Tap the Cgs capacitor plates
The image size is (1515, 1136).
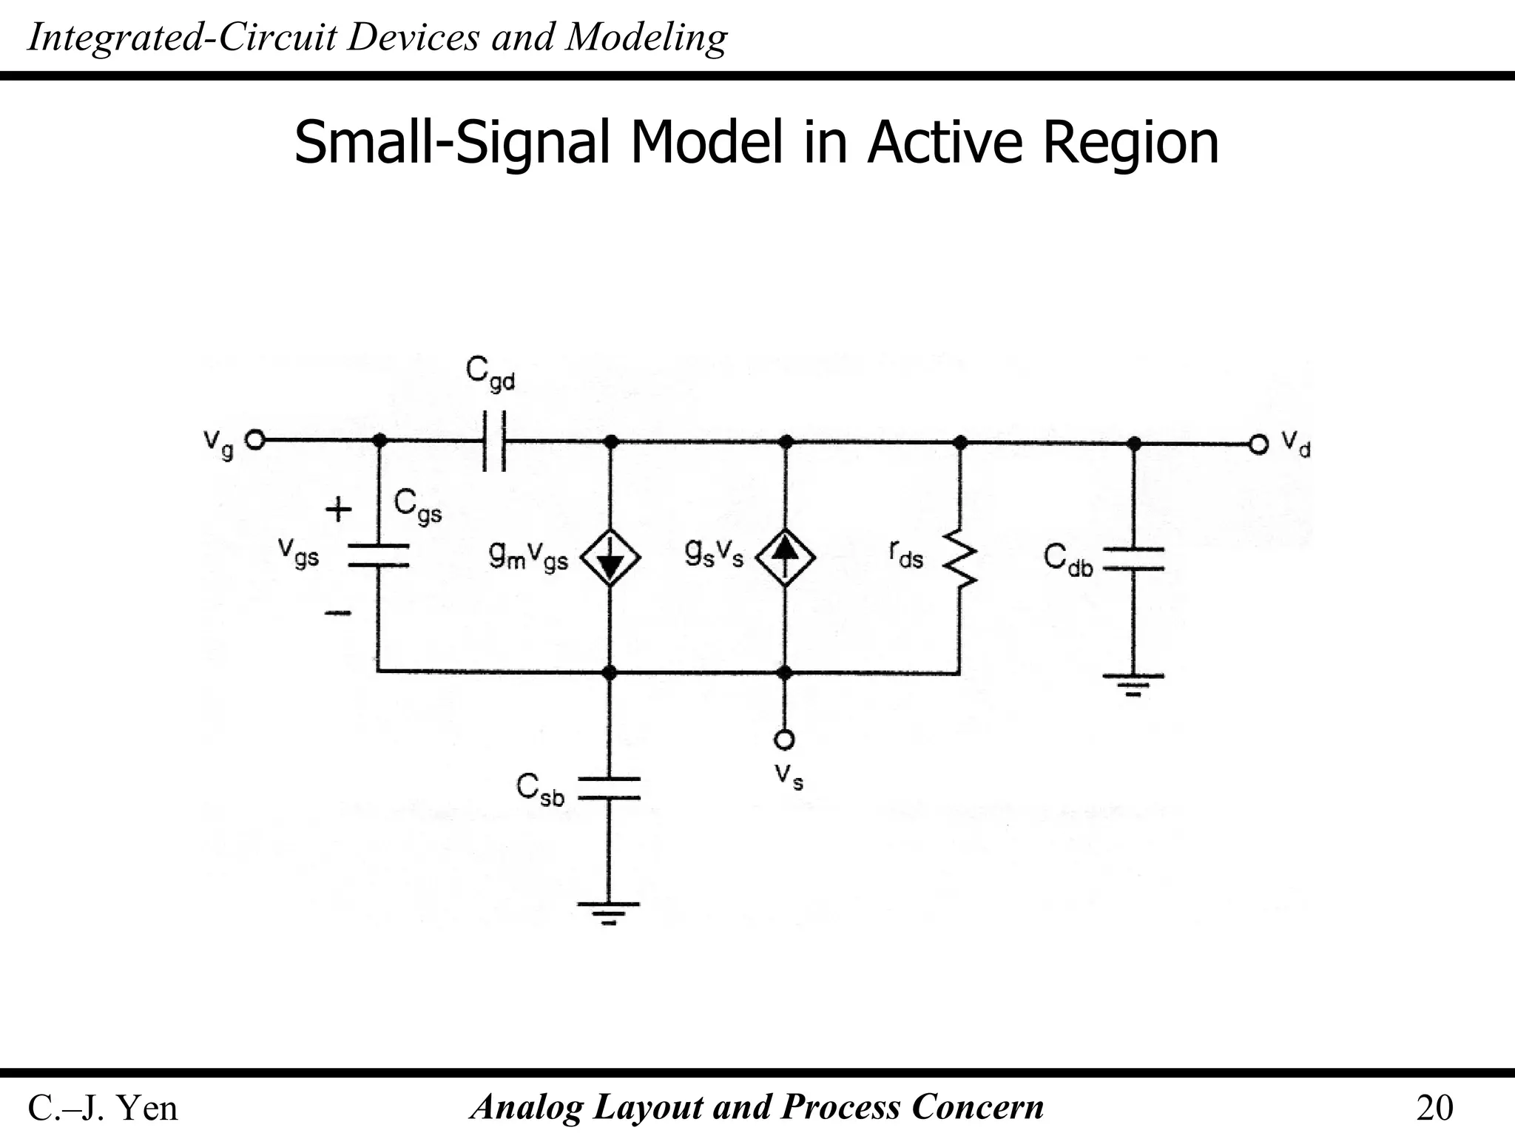point(378,556)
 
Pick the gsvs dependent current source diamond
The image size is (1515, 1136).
point(786,557)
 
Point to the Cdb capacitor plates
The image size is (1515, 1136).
point(1133,559)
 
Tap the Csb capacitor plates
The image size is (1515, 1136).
point(609,788)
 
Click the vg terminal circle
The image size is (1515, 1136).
point(254,441)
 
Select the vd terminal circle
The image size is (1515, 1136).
point(1258,444)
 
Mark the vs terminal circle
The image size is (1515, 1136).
point(785,740)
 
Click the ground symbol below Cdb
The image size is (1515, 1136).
point(1133,685)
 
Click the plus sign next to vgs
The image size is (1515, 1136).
point(339,510)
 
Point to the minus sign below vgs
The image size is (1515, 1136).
point(338,612)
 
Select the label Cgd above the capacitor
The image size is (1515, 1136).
point(490,373)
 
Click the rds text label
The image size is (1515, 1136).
point(906,554)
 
